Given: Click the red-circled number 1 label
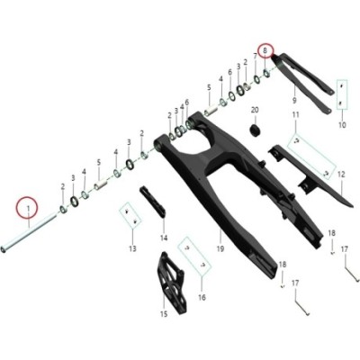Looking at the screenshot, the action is [x=28, y=208].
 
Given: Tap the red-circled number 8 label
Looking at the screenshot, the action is [x=265, y=50].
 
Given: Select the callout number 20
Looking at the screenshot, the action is [x=255, y=110].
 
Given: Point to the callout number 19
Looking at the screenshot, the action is [x=220, y=248].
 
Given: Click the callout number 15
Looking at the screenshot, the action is [x=164, y=314].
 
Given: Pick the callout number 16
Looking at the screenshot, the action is [x=202, y=297].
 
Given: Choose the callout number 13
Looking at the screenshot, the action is [x=132, y=248].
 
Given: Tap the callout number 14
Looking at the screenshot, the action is [x=164, y=238].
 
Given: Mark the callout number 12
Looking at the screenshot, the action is [x=341, y=175].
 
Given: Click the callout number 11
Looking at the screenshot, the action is [x=296, y=114].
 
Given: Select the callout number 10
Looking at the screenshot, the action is [x=342, y=125].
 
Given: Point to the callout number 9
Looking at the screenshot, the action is [x=294, y=100].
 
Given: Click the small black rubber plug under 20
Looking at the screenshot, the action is [x=255, y=130].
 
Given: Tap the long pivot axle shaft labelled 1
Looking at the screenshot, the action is [x=29, y=230].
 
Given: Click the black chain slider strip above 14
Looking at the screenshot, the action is [x=153, y=202].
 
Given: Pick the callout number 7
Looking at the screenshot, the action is [x=255, y=57].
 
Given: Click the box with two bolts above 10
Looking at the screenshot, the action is [x=342, y=94].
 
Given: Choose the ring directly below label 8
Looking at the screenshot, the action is [x=266, y=73].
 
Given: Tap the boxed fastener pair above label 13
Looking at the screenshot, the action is [x=130, y=216].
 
